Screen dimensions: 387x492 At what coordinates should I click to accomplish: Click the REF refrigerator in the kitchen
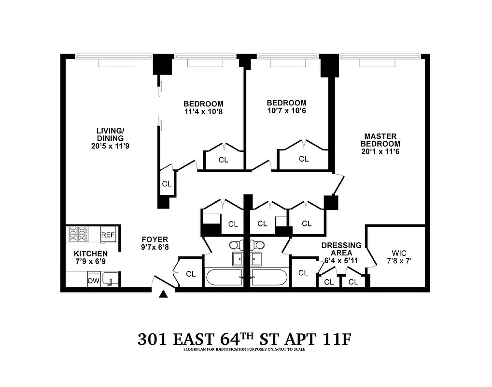(x=108, y=235)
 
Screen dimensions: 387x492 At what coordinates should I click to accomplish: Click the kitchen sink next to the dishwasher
(x=110, y=280)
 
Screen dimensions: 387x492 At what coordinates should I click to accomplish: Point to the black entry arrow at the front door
(x=164, y=293)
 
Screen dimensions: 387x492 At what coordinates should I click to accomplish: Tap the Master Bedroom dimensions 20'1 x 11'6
(x=382, y=151)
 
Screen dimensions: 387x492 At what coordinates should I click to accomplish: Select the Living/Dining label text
(x=110, y=134)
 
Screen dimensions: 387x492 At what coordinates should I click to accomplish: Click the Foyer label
(x=155, y=239)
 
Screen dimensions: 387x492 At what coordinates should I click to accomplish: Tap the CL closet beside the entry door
(x=191, y=274)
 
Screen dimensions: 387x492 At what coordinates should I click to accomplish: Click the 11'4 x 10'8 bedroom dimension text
(x=203, y=112)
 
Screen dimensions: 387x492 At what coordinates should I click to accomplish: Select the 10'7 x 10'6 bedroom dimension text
(x=287, y=111)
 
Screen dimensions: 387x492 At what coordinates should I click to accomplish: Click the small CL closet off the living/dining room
(x=167, y=184)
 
